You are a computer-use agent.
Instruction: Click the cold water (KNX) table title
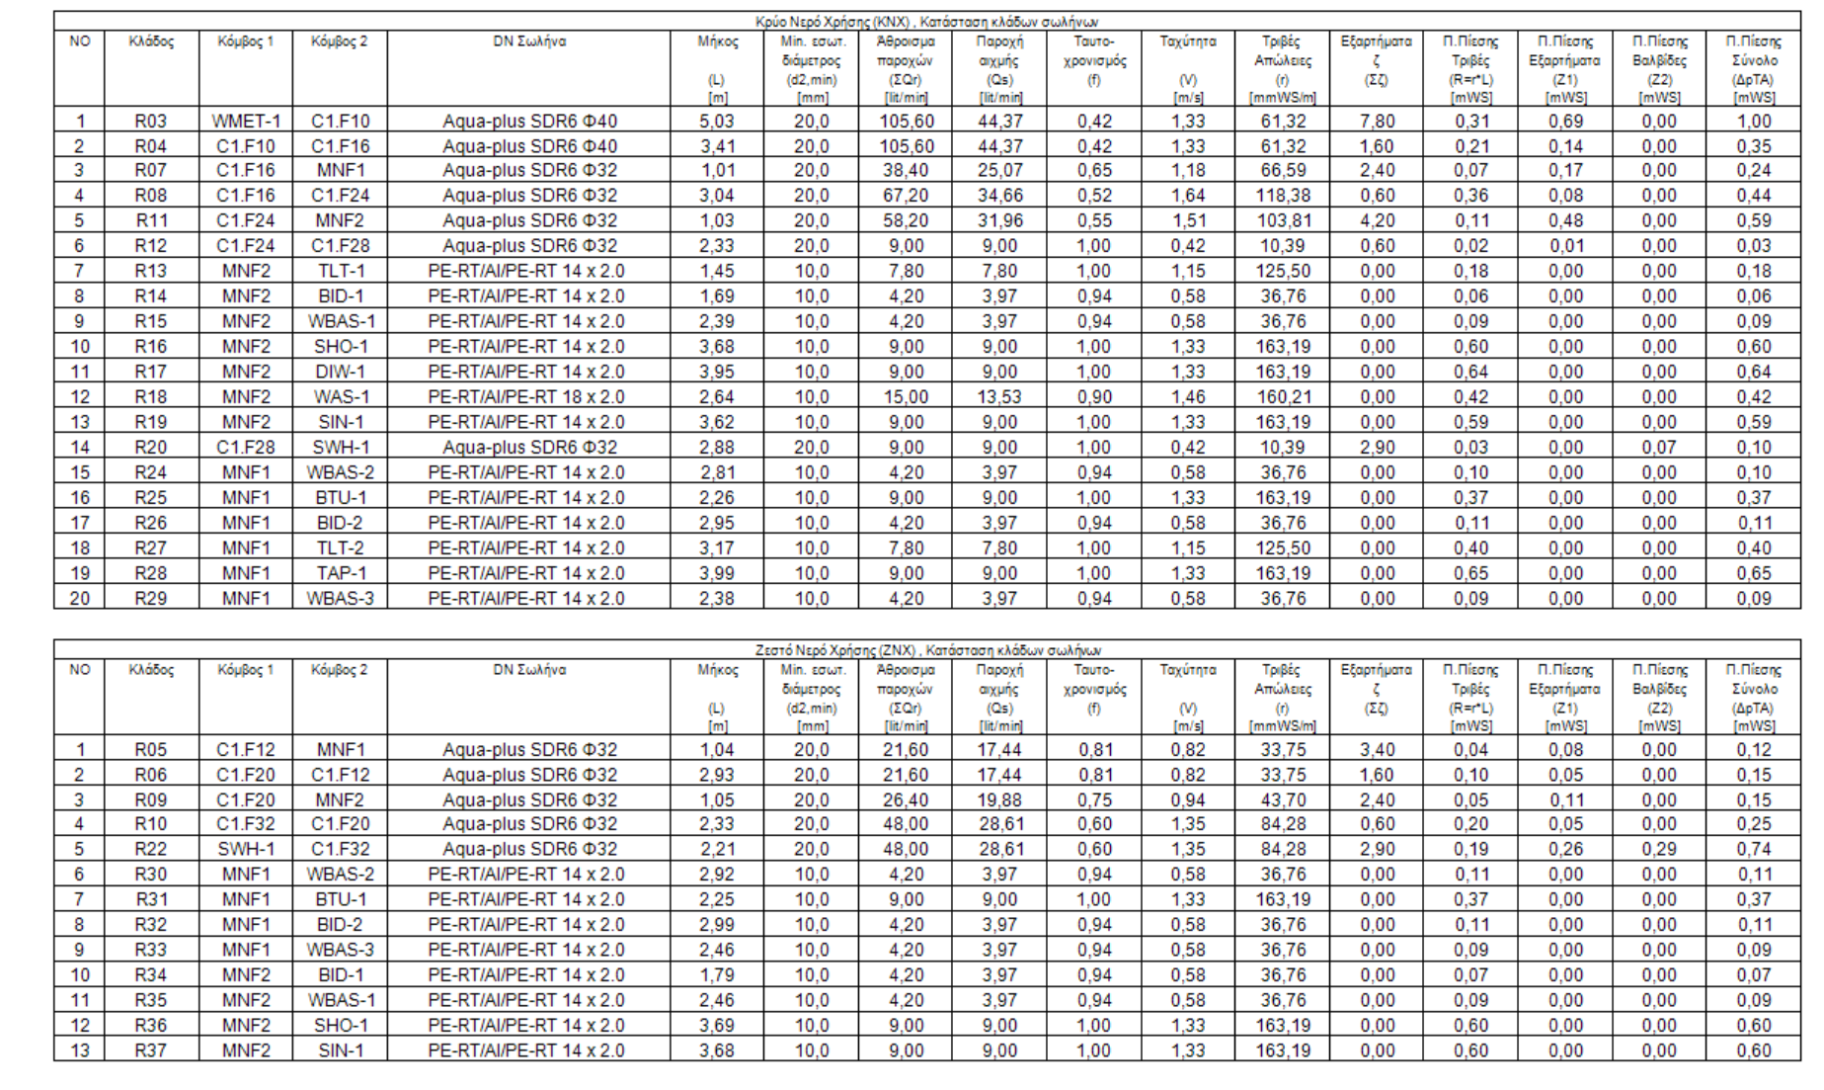click(926, 22)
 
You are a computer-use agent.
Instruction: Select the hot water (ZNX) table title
click(927, 650)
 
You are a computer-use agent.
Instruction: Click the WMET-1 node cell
click(245, 122)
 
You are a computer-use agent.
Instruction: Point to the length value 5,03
click(717, 122)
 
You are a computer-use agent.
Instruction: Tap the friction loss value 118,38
click(1282, 196)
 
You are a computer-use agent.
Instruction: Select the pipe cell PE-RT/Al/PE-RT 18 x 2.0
click(527, 397)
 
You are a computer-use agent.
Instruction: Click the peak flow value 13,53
click(999, 397)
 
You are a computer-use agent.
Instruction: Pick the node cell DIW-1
click(340, 372)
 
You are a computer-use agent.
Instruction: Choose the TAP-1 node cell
click(340, 573)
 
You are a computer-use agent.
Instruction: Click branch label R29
click(151, 598)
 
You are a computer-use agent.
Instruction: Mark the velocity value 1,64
click(1188, 196)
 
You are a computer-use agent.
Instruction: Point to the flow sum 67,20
click(906, 196)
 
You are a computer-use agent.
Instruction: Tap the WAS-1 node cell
click(340, 397)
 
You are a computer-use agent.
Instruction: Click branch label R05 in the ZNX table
click(151, 750)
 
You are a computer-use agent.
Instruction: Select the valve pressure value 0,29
click(1659, 850)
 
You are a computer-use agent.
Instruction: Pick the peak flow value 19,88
click(999, 800)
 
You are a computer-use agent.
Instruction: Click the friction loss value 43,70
click(1282, 800)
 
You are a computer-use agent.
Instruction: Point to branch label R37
click(151, 1050)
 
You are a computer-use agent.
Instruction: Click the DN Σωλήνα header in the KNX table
click(529, 42)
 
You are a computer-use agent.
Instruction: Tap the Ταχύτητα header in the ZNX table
click(1188, 670)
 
